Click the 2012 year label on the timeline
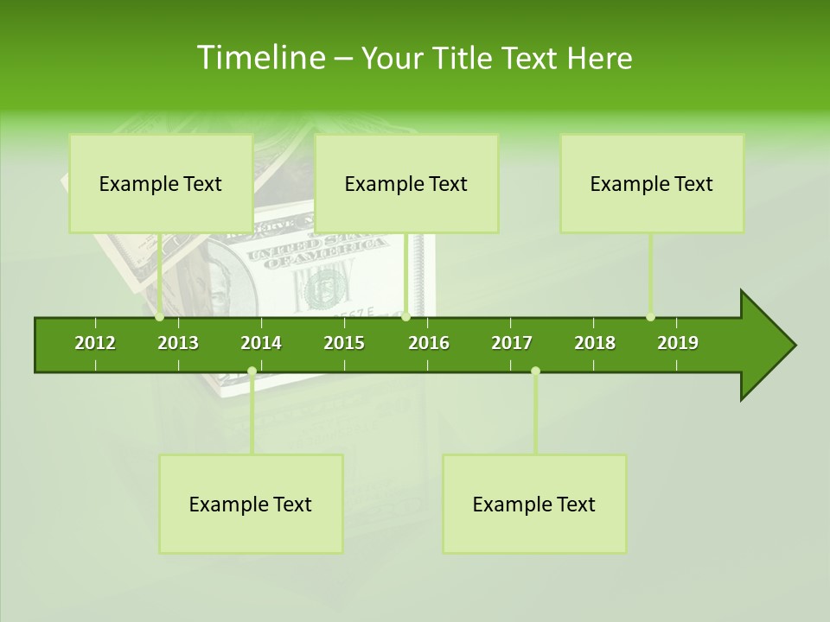(x=95, y=343)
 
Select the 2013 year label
(x=178, y=343)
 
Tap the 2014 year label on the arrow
(x=261, y=343)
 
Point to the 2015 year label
(x=344, y=343)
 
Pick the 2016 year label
(x=429, y=343)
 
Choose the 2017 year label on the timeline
(x=512, y=343)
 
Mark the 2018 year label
(x=595, y=343)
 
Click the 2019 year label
(x=678, y=343)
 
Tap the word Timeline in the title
(x=259, y=58)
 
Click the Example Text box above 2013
(x=161, y=183)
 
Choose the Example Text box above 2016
(x=406, y=183)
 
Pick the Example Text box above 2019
(x=652, y=183)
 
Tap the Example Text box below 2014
(x=251, y=504)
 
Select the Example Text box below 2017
(x=534, y=504)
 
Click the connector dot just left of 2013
(x=160, y=317)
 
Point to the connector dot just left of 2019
(x=650, y=317)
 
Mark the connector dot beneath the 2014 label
(x=252, y=371)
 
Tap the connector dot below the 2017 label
(x=535, y=371)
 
